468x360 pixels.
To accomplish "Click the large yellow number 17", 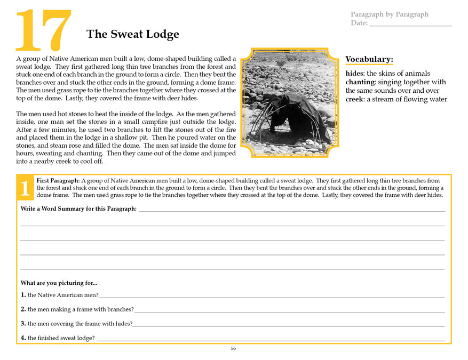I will tap(43, 30).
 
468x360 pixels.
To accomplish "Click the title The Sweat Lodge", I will tap(132, 35).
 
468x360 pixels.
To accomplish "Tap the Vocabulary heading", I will tap(369, 59).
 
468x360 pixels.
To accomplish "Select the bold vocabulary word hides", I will tap(354, 74).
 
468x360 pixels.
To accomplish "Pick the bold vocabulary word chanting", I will tap(363, 82).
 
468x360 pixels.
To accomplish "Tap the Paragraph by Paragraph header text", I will tap(389, 14).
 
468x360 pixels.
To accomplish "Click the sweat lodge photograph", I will tap(290, 102).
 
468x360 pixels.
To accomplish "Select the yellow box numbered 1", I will tap(25, 188).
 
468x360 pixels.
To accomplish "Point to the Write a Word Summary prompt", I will tap(78, 209).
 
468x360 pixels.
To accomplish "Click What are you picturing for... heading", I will tap(59, 283).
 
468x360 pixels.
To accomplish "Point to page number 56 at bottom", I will tap(233, 349).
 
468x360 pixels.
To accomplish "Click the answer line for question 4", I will tap(269, 339).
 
